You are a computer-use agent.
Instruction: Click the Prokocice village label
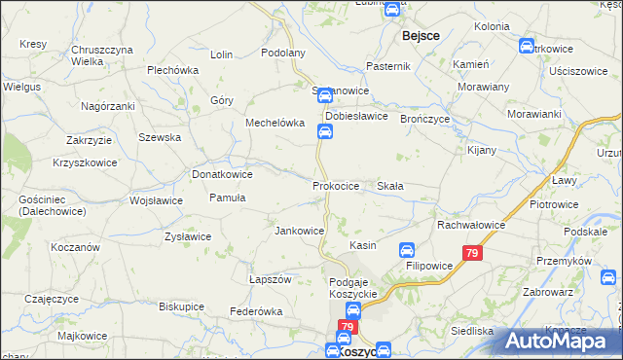[x=336, y=185]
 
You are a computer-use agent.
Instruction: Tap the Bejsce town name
[x=420, y=35]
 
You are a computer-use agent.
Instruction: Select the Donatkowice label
[x=223, y=174]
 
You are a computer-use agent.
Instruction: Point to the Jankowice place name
[x=299, y=231]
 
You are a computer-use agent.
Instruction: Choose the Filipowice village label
[x=429, y=264]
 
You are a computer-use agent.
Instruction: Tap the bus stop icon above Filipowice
[x=409, y=249]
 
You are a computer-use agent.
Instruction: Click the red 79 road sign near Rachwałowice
[x=472, y=253]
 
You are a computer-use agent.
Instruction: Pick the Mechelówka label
[x=275, y=124]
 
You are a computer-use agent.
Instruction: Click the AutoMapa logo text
[x=562, y=341]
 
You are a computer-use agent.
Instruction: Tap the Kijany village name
[x=481, y=150]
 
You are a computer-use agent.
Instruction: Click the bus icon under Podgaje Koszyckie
[x=354, y=310]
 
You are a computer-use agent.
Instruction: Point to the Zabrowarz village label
[x=555, y=289]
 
